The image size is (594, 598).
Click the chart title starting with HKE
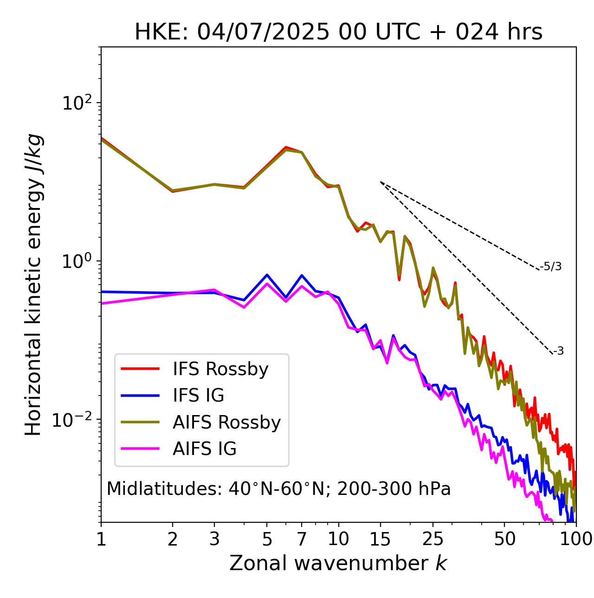point(338,32)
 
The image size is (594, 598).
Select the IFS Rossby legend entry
point(220,369)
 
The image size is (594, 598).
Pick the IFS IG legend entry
point(198,396)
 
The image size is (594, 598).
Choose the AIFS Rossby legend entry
point(226,422)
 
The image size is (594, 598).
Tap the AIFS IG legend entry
point(204,449)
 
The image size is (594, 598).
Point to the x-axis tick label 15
point(380,539)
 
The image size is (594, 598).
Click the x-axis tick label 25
point(433,539)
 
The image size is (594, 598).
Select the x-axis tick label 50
point(505,539)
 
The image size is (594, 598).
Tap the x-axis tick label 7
point(302,539)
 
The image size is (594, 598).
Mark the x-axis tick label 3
point(214,539)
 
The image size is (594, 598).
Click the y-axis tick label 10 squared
point(77,103)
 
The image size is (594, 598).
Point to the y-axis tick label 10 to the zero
point(77,261)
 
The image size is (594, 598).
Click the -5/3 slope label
point(551,266)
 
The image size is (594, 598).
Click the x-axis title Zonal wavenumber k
point(338,564)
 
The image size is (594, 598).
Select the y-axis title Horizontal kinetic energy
point(33,285)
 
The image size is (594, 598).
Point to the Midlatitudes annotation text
point(278,489)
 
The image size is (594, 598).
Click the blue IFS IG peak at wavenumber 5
point(267,275)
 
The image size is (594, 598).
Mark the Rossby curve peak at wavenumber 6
point(286,148)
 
